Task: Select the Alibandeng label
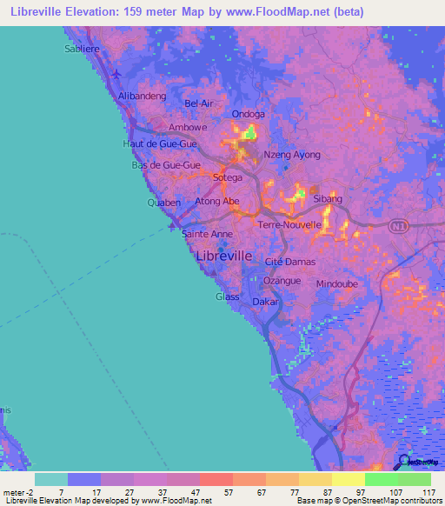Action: [141, 97]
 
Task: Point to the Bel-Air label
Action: [198, 103]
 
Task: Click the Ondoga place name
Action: [249, 114]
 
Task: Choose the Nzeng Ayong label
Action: [291, 155]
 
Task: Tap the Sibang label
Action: [328, 199]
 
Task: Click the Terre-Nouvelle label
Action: [290, 224]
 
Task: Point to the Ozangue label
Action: [282, 281]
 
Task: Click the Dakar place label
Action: [265, 302]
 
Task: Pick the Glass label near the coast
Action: [227, 296]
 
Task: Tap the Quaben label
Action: [163, 203]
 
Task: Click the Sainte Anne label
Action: [207, 234]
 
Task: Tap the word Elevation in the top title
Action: [90, 12]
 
